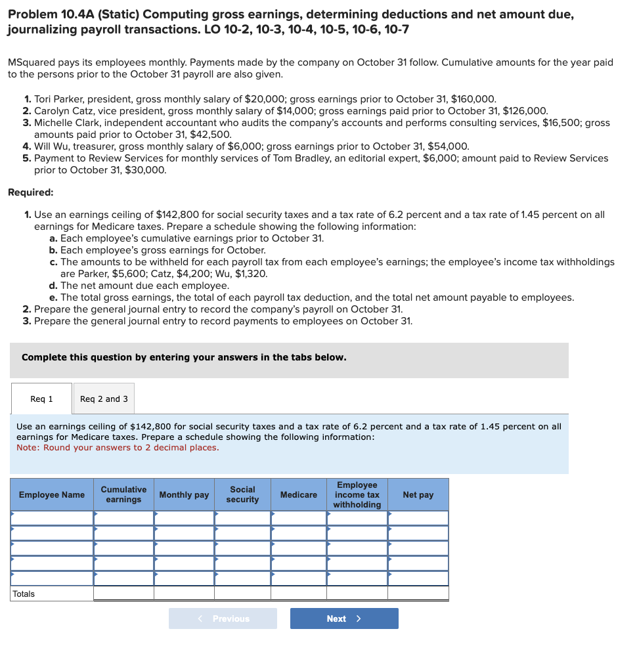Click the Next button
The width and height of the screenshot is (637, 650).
point(344,618)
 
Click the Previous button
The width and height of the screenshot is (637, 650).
point(223,618)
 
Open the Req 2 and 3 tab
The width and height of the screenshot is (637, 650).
point(104,399)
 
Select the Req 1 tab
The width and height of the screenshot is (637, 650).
point(41,399)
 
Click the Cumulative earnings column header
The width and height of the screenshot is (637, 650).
point(123,494)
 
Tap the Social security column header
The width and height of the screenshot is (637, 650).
point(242,494)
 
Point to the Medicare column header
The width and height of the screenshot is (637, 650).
point(298,494)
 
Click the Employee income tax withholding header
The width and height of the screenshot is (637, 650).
point(357,494)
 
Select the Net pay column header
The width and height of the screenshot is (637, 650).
point(418,494)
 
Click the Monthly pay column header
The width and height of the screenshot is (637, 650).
point(184,494)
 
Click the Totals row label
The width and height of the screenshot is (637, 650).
point(24,594)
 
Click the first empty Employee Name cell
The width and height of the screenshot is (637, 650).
point(52,518)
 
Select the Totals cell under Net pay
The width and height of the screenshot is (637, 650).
point(418,594)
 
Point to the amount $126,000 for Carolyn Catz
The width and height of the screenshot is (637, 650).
point(524,111)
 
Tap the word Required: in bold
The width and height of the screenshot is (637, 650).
point(31,192)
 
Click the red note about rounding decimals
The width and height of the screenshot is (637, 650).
point(118,448)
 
